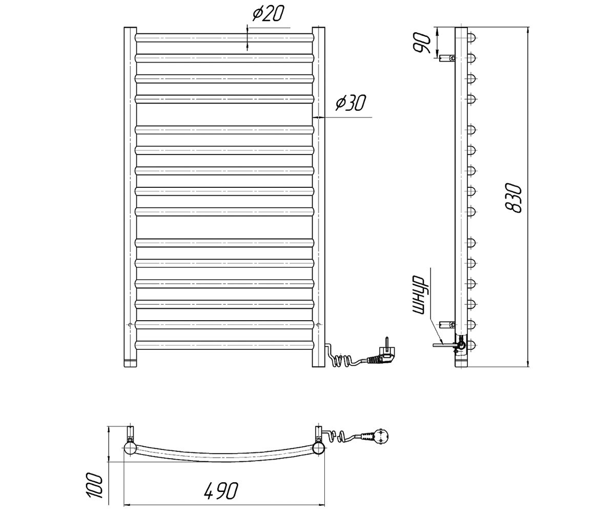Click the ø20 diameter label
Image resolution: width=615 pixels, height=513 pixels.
point(268,14)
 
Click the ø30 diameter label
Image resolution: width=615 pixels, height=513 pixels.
point(351,103)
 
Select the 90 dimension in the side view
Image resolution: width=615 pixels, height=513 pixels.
point(422,43)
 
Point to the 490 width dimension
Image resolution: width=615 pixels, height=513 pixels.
point(220,491)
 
